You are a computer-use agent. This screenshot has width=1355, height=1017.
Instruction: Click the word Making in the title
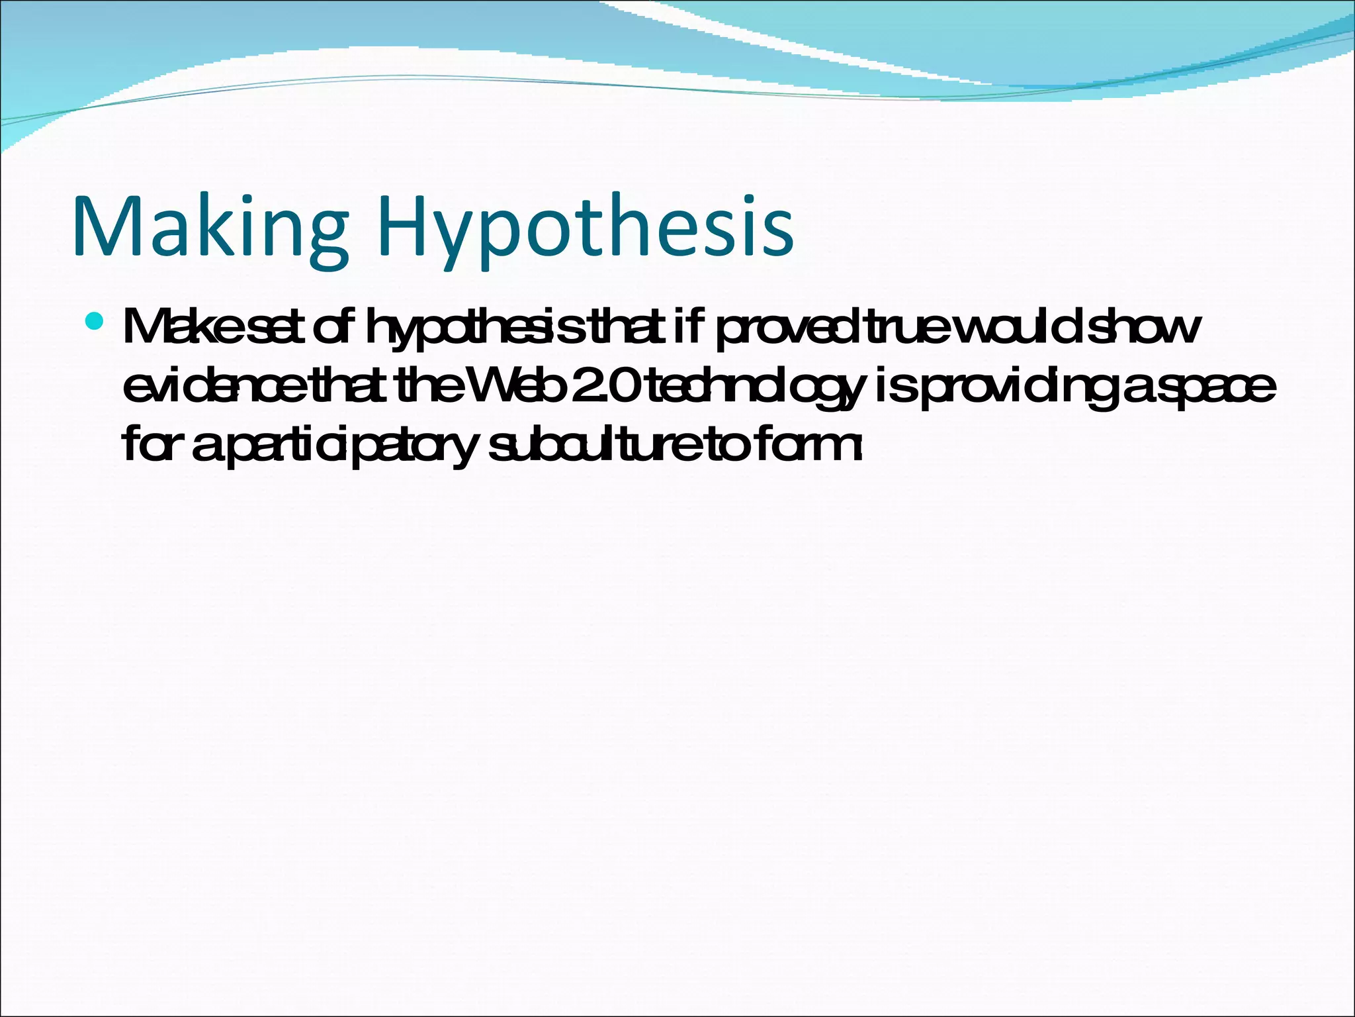[210, 226]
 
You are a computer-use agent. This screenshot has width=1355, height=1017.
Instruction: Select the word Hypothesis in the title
[586, 226]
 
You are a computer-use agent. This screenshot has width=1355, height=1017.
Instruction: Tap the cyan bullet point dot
[95, 322]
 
